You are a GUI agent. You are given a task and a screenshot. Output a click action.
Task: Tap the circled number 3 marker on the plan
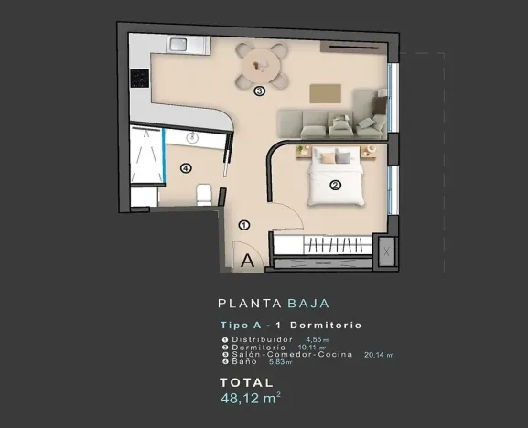[x=259, y=91]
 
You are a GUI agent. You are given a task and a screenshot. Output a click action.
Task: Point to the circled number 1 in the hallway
[x=243, y=225]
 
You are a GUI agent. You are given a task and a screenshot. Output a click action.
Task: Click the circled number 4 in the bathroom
[x=186, y=167]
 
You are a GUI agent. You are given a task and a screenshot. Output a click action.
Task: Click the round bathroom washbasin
[x=193, y=137]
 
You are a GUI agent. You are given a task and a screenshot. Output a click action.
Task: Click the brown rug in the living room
[x=324, y=93]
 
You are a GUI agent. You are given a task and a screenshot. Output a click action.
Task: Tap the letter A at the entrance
[x=247, y=261]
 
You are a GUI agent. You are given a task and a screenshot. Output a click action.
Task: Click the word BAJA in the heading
[x=307, y=303]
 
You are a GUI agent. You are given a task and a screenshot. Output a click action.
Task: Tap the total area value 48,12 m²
[x=250, y=399]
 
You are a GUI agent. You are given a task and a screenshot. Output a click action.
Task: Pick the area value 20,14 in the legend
[x=376, y=354]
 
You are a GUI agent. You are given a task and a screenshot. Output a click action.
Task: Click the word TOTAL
[x=246, y=382]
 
